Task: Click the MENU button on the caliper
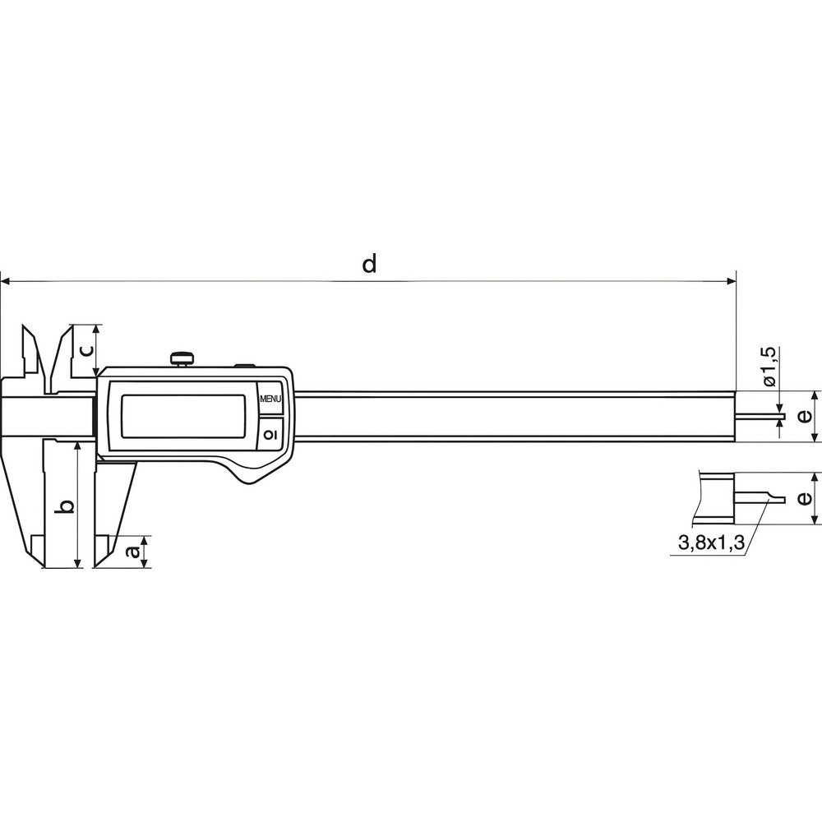(271, 399)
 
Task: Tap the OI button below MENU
(271, 432)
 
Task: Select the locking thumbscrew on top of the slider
(182, 358)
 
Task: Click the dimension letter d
(369, 264)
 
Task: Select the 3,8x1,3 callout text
(712, 543)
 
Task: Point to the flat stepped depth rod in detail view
(760, 498)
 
